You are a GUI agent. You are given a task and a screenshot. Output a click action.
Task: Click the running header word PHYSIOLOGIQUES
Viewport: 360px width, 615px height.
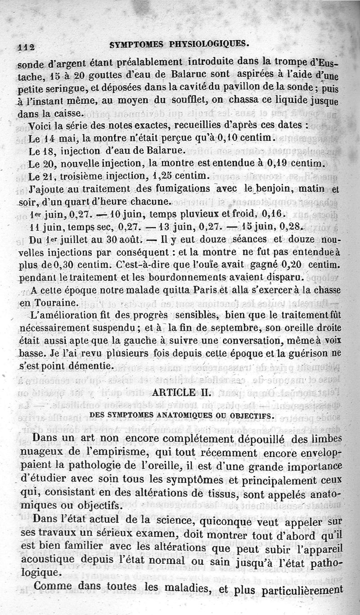point(211,44)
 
